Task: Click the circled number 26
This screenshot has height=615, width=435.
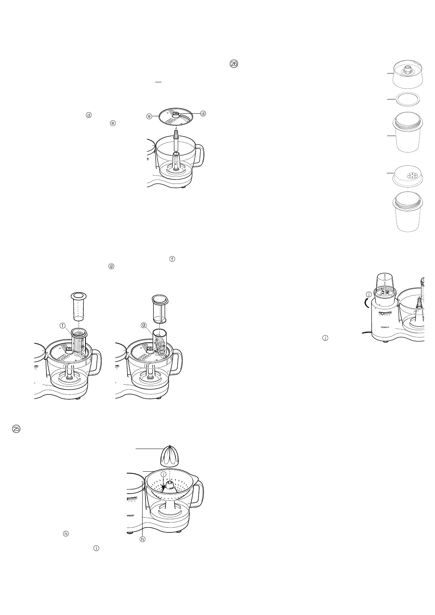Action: point(234,64)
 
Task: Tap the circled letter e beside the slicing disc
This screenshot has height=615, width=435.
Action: point(149,116)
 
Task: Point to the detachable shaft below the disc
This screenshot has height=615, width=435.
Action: point(176,141)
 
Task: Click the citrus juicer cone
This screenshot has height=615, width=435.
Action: point(171,456)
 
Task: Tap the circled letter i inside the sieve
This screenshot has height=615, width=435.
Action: point(163,474)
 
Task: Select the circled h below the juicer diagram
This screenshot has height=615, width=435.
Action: point(143,539)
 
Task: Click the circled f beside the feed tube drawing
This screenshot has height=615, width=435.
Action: point(63,325)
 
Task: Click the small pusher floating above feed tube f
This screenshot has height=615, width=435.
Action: point(78,306)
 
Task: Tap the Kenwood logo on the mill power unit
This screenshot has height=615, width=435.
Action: point(382,328)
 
